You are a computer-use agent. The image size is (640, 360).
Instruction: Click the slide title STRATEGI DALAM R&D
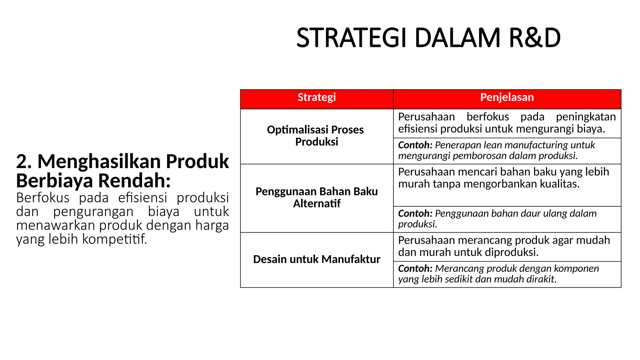(428, 38)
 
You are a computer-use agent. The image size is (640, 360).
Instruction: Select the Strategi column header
(317, 97)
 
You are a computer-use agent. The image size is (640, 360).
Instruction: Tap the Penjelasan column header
(507, 97)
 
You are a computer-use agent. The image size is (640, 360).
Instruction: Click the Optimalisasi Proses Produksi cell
(315, 136)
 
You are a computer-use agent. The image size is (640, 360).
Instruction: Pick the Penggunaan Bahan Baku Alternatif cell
(317, 197)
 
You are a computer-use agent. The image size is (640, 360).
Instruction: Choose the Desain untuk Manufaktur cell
(317, 259)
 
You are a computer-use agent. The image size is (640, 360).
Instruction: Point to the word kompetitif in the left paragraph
(114, 239)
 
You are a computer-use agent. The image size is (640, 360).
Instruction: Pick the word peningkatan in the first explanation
(586, 117)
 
